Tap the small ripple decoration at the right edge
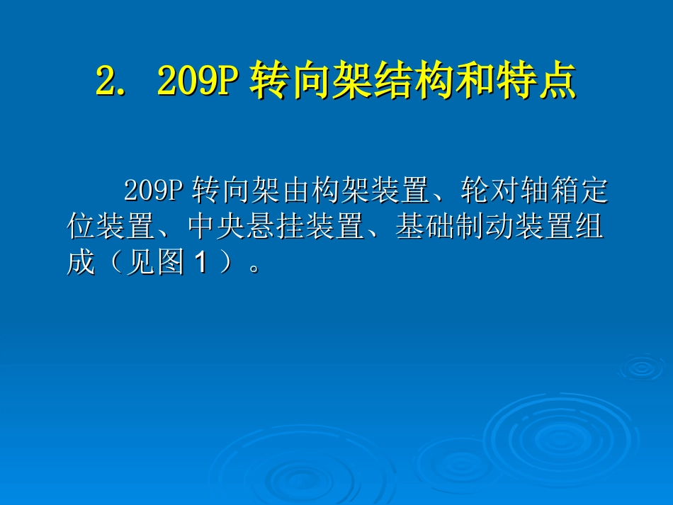[x=641, y=367]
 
